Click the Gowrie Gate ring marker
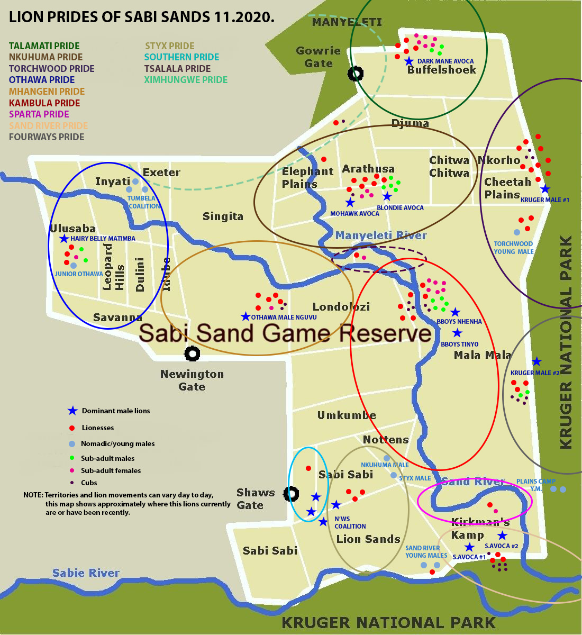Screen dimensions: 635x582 point(356,74)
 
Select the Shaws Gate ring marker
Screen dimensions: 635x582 point(291,494)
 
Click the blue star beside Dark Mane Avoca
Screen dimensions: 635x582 point(408,61)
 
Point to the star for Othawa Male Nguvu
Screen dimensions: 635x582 point(245,316)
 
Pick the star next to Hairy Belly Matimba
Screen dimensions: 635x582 point(64,239)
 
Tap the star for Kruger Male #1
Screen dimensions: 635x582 point(545,189)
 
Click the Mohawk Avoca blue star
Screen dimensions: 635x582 point(350,202)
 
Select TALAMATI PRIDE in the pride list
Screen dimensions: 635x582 point(44,46)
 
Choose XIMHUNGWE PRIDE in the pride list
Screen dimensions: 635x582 point(186,80)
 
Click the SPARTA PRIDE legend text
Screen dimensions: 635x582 point(39,114)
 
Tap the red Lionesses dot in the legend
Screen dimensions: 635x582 point(71,428)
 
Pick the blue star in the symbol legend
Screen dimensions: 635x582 point(72,411)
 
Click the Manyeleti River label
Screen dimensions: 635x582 point(381,235)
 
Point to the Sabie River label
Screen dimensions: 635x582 point(86,573)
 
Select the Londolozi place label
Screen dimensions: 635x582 point(341,307)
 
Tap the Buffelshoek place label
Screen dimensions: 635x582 point(441,70)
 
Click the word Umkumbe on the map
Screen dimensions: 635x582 point(347,415)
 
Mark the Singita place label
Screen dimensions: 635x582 point(223,216)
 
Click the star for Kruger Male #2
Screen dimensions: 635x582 point(536,361)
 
